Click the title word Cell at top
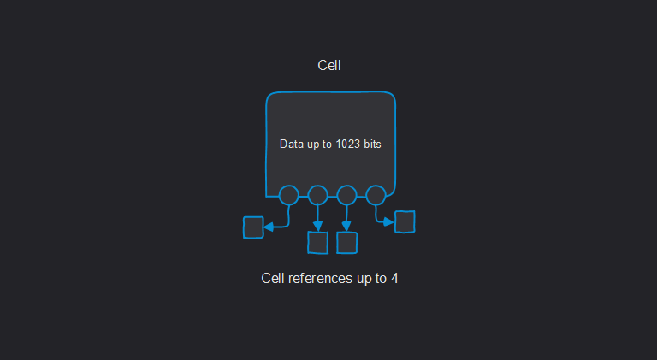(x=330, y=65)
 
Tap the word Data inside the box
(x=292, y=145)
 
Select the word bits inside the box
(x=372, y=145)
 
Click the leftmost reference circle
(x=288, y=195)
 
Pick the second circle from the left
(x=317, y=195)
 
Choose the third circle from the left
(x=346, y=195)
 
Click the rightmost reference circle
(x=376, y=195)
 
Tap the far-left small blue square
(x=252, y=227)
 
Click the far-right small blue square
(x=405, y=221)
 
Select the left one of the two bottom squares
(x=317, y=243)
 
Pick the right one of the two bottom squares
(x=346, y=243)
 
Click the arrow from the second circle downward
(x=317, y=217)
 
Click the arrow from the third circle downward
(x=346, y=217)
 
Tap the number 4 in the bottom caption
(x=394, y=279)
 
